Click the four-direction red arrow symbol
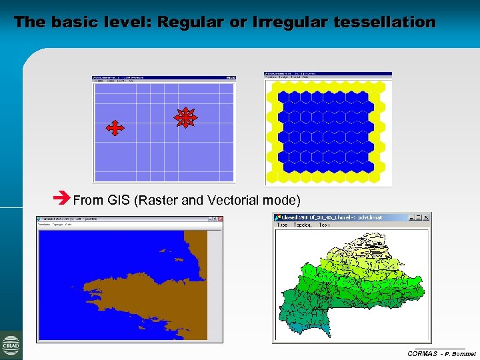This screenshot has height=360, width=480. [115, 128]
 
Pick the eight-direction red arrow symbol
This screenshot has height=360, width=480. [185, 118]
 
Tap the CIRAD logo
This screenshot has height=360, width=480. [11, 345]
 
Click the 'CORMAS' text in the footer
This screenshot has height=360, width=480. [422, 353]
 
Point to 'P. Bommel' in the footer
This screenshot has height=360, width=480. [460, 353]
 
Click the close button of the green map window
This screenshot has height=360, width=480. [427, 217]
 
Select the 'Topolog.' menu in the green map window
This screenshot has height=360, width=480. [302, 225]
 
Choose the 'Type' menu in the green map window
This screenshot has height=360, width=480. [282, 225]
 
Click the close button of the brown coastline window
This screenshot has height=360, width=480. [219, 219]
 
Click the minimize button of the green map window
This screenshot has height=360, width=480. [411, 217]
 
